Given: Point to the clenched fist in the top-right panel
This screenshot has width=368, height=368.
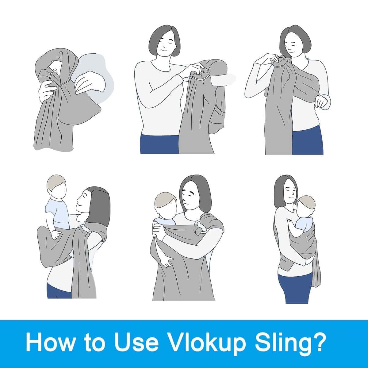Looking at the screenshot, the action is [x=323, y=102].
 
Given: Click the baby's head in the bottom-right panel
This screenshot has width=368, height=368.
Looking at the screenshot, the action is [x=305, y=206].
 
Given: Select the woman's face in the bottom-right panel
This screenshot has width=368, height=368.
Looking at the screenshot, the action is [x=291, y=192].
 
